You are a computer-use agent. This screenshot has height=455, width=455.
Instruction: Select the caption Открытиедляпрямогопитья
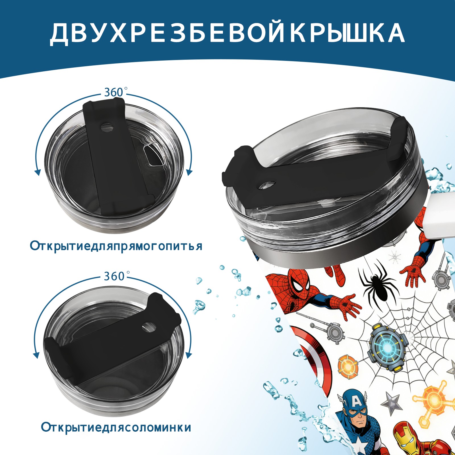click(x=116, y=246)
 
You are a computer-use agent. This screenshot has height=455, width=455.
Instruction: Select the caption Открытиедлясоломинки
click(x=116, y=427)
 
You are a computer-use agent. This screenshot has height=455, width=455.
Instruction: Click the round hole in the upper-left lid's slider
click(x=107, y=127)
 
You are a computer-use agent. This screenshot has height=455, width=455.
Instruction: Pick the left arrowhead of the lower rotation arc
click(x=36, y=355)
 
